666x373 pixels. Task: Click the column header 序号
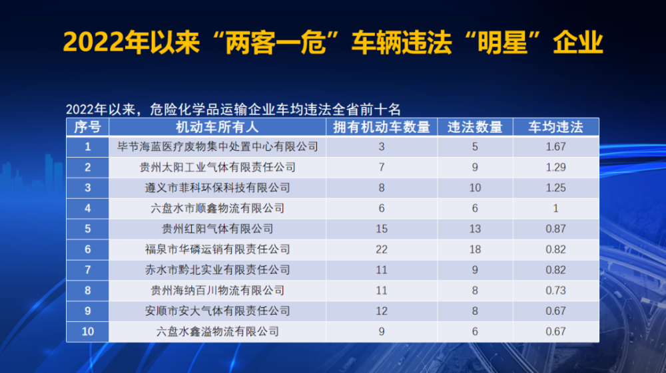pyautogui.click(x=87, y=127)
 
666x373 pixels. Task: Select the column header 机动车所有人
pyautogui.click(x=217, y=127)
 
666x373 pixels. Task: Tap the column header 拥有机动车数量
pyautogui.click(x=382, y=127)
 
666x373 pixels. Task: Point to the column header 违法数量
pyautogui.click(x=475, y=127)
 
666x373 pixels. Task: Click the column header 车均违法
pyautogui.click(x=555, y=127)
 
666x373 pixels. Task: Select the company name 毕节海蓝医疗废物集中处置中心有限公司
pyautogui.click(x=218, y=147)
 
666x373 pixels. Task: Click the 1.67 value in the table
pyautogui.click(x=555, y=147)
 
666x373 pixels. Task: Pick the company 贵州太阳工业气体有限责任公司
pyautogui.click(x=218, y=168)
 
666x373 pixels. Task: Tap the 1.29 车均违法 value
pyautogui.click(x=555, y=168)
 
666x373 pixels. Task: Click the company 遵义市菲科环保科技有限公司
pyautogui.click(x=218, y=187)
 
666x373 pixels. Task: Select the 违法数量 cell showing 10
pyautogui.click(x=475, y=187)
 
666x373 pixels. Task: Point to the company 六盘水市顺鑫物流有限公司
pyautogui.click(x=218, y=209)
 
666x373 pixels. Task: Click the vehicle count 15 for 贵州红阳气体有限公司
pyautogui.click(x=382, y=229)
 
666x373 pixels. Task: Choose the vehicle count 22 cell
pyautogui.click(x=382, y=249)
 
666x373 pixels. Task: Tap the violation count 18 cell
pyautogui.click(x=475, y=249)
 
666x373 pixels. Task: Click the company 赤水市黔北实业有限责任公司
pyautogui.click(x=218, y=270)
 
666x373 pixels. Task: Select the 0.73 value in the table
pyautogui.click(x=555, y=291)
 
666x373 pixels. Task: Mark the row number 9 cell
pyautogui.click(x=87, y=311)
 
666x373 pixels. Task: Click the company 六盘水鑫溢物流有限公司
pyautogui.click(x=218, y=332)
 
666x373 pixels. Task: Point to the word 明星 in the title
pyautogui.click(x=502, y=43)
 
